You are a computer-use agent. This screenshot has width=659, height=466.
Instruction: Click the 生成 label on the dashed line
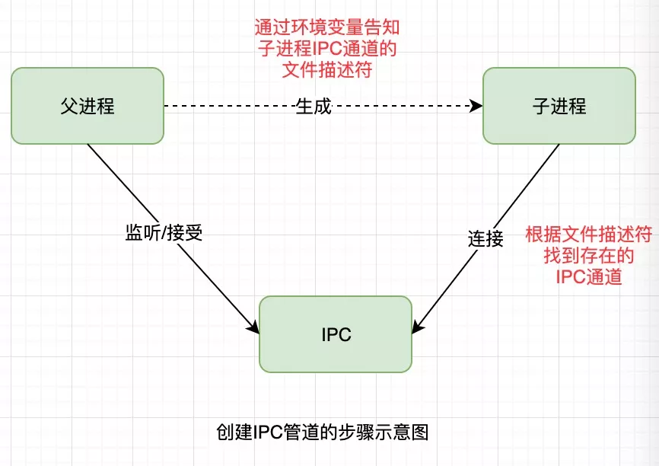314,107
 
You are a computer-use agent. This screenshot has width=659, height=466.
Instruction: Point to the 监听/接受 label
164,233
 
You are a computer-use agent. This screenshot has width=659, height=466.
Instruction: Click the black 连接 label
485,238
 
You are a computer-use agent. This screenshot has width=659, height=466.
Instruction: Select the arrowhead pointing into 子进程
477,107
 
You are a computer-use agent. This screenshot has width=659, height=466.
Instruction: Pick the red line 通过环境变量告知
327,28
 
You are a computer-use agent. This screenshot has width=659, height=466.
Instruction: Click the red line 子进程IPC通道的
327,49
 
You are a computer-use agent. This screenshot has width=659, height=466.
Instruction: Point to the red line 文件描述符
327,71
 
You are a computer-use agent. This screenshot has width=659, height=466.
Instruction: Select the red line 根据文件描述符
589,235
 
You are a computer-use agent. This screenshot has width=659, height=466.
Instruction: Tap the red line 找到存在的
589,256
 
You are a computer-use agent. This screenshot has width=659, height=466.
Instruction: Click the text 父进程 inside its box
88,106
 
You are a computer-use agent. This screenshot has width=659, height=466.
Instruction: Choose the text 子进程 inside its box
559,106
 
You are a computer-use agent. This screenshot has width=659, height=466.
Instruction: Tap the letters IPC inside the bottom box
336,335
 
